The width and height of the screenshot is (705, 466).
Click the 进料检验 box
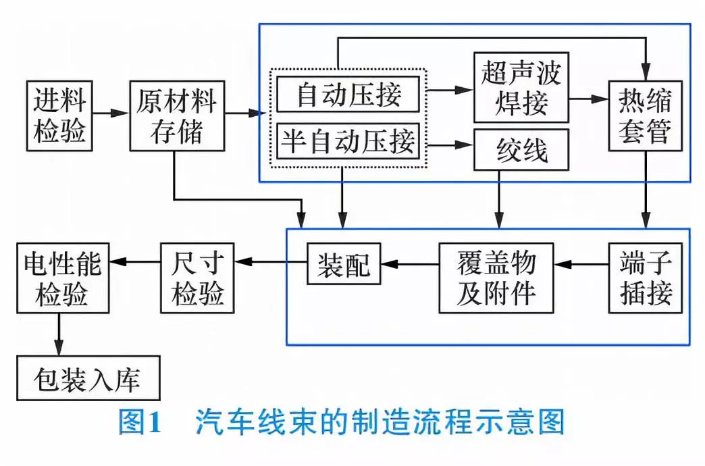59,114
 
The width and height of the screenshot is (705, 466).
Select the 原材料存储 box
176,114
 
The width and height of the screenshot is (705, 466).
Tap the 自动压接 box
348,95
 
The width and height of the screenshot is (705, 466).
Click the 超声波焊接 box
521,87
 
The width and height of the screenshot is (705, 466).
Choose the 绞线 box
521,149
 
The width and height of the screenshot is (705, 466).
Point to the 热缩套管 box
645,115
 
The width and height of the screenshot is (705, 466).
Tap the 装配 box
344,263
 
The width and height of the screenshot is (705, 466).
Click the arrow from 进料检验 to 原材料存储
110,113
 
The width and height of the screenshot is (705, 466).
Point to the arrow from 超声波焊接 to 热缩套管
589,99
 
